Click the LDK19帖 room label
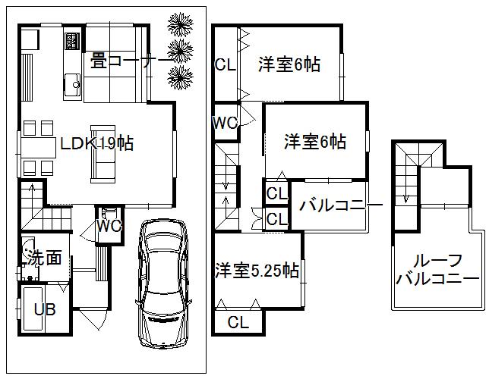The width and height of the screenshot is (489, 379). [x=98, y=143]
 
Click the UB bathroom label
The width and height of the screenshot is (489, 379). [x=43, y=309]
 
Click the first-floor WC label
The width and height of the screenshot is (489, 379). [x=109, y=225]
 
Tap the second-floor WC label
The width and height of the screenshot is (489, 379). [x=226, y=123]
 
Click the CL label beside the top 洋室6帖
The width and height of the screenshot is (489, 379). [x=225, y=65]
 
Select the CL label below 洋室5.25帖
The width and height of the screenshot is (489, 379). [x=238, y=322]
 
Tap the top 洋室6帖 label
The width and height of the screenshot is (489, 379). [x=289, y=65]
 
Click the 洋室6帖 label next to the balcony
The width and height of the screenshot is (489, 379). [x=315, y=142]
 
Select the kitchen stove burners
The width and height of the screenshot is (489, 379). [x=74, y=39]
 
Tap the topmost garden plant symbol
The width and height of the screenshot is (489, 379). [x=181, y=24]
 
